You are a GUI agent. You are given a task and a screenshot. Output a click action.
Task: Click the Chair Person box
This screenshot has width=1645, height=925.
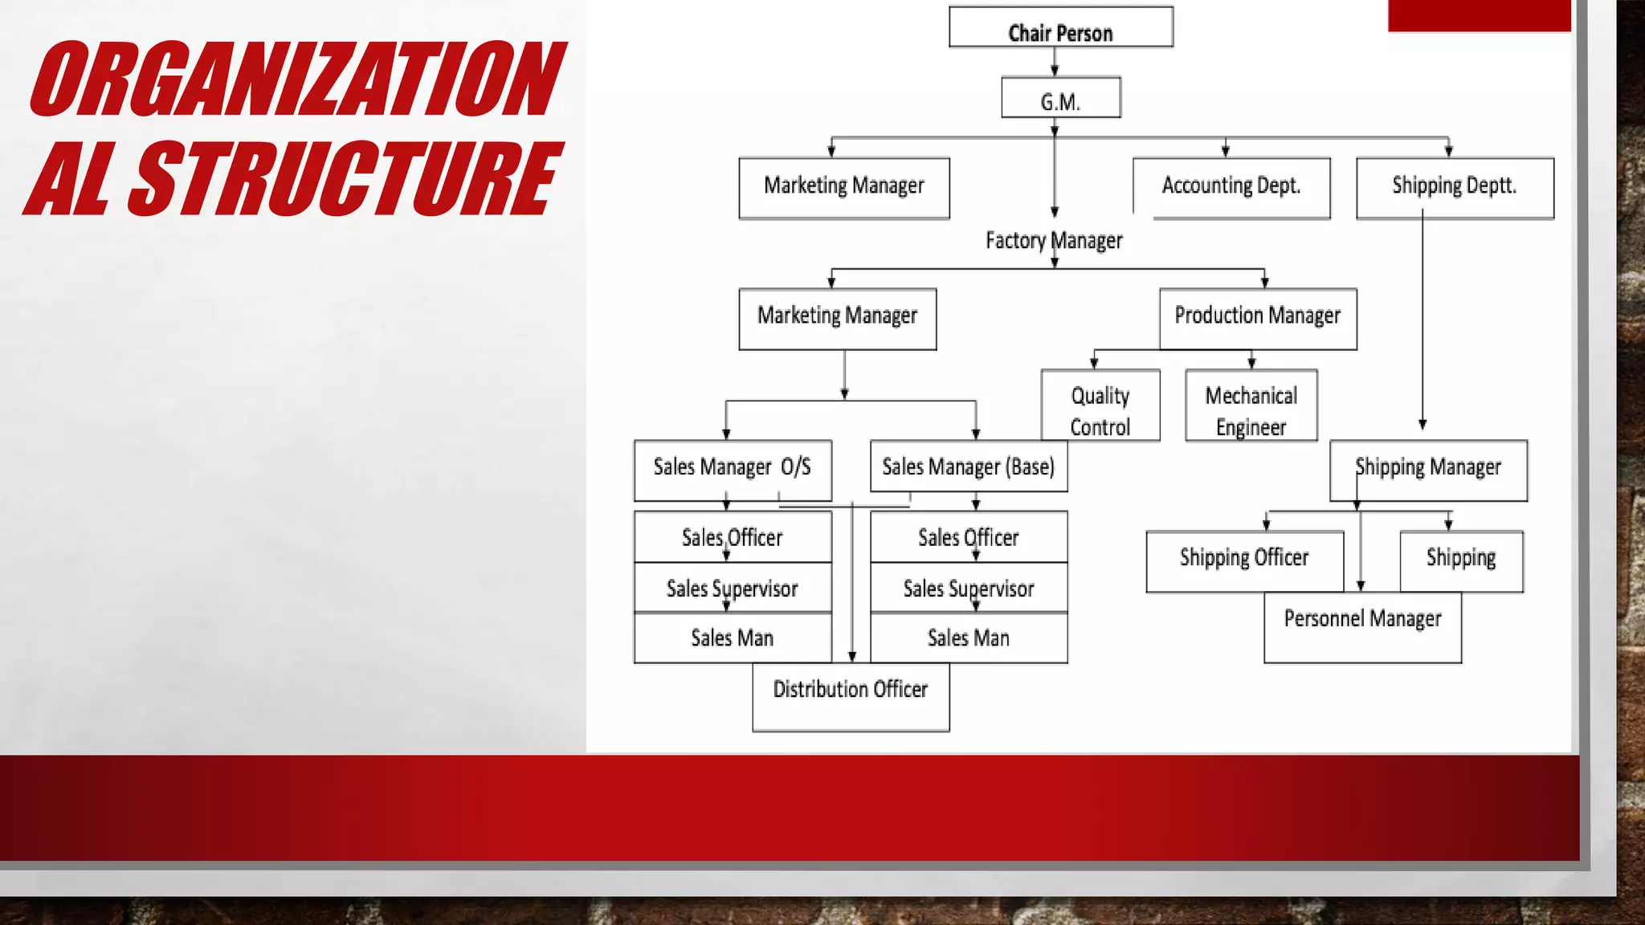tap(1060, 28)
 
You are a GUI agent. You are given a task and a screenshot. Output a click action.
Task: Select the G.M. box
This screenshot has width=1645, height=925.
tap(1060, 98)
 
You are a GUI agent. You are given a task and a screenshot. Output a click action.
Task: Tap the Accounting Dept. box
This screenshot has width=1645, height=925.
tap(1231, 187)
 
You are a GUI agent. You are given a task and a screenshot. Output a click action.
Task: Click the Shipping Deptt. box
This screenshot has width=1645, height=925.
tap(1455, 187)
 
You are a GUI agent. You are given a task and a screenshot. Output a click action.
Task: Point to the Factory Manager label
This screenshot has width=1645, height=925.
tap(1054, 240)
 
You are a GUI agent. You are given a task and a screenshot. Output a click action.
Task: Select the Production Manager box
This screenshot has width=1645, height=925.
tap(1258, 318)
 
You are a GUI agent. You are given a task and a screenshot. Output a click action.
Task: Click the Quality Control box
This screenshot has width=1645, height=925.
tap(1100, 405)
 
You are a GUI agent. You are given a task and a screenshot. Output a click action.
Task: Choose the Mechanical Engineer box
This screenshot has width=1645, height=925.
tap(1251, 405)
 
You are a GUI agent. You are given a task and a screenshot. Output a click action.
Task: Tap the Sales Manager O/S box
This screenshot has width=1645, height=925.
tap(732, 470)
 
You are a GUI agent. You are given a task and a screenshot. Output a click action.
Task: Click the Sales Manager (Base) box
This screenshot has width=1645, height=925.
tap(968, 466)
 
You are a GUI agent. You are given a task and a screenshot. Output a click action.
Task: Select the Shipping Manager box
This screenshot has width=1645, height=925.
tap(1428, 470)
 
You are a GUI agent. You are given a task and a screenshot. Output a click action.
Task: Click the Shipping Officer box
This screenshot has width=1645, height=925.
tap(1244, 560)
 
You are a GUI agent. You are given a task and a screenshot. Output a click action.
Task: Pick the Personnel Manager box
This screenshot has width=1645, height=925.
tap(1362, 628)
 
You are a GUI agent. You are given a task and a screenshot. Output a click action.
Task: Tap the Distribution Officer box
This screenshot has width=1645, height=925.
tap(851, 697)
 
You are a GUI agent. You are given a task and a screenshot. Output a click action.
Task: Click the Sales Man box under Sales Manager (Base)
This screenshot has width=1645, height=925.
tap(968, 638)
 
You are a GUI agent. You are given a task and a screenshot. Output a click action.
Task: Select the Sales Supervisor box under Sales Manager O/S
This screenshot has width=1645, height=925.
tap(732, 588)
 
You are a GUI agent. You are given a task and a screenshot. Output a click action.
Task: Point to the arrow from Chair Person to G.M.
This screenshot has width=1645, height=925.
tap(1055, 62)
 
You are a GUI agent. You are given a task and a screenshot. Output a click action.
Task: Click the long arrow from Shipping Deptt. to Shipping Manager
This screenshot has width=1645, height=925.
tap(1423, 321)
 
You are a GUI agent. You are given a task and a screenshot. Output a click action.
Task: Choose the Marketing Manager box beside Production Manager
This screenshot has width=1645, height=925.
tap(837, 318)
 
